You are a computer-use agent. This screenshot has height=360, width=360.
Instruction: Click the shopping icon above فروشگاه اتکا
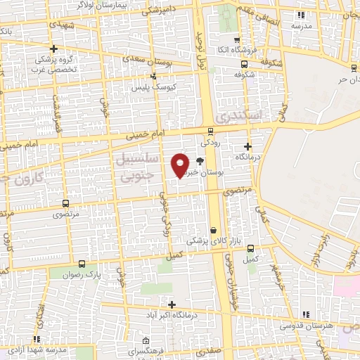[x=236, y=40]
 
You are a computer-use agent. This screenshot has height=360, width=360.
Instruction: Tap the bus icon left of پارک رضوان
[x=82, y=264]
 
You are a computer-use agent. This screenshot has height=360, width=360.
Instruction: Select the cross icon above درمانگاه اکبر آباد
[x=172, y=304]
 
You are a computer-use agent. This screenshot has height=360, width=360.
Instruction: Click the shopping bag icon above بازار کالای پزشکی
[x=213, y=230]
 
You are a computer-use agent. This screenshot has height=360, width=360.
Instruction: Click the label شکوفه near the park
[x=244, y=73]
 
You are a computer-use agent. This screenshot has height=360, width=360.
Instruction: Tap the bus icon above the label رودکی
[x=210, y=131]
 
